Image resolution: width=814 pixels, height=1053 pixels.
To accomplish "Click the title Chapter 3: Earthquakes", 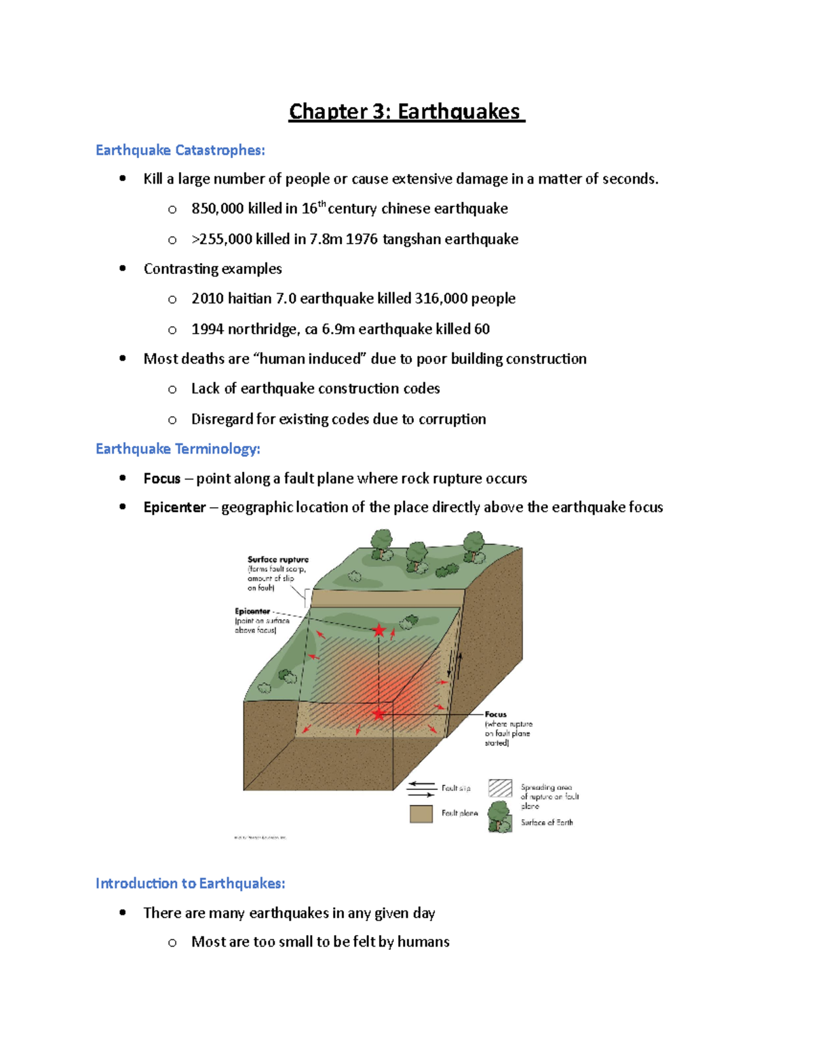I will point(406,111).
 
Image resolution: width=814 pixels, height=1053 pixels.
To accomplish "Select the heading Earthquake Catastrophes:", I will point(180,150).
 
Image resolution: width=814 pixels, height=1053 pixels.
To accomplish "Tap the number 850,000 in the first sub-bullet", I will point(217,209).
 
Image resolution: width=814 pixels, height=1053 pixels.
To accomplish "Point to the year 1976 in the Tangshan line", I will point(362,239).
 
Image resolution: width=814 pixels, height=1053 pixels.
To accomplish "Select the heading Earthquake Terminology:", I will point(178,449).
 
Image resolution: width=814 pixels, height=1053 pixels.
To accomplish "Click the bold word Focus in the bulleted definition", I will point(162,479).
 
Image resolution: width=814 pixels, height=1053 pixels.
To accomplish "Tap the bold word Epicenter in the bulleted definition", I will point(174,508).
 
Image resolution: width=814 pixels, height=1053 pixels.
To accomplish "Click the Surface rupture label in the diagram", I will point(277,559).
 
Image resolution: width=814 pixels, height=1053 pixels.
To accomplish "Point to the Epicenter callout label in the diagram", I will point(252,611).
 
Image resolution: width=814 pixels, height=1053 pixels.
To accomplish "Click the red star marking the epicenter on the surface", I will point(379,631).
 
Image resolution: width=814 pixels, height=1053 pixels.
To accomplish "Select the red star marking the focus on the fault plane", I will point(379,713).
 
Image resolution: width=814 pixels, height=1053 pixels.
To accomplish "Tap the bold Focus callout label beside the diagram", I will point(495,714).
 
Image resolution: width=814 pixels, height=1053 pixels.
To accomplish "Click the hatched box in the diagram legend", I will point(500,788).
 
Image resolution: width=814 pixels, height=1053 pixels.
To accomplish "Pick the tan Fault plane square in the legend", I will point(421,814).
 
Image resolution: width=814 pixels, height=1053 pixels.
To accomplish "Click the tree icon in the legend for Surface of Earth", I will point(500,816).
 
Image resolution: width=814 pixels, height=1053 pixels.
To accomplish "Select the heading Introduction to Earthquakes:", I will point(190,883).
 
